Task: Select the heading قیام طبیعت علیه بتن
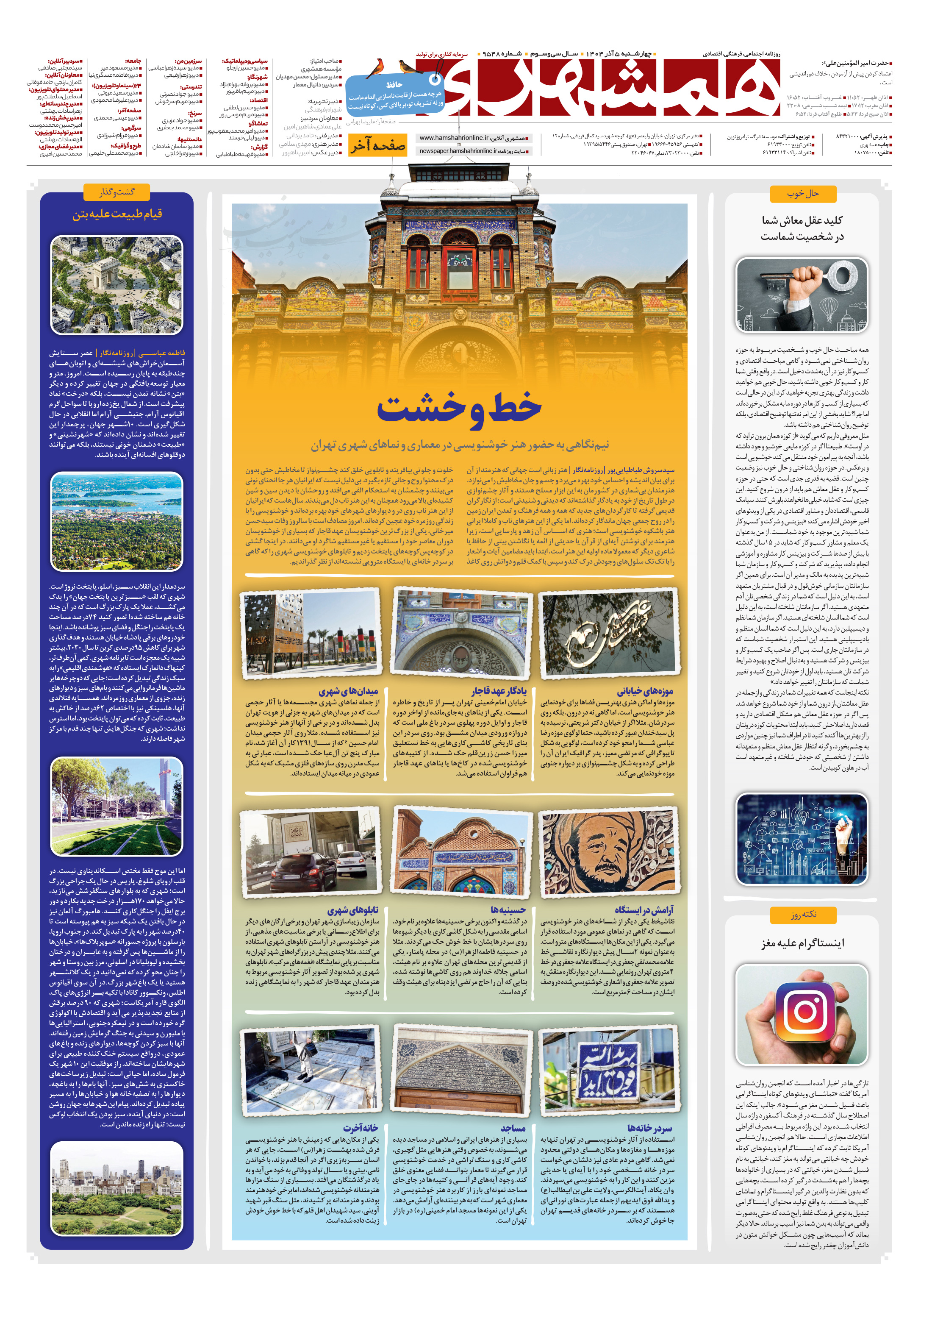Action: (117, 214)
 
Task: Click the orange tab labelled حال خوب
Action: (803, 194)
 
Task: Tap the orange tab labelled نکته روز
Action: (803, 914)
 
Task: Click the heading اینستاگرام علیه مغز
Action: (803, 943)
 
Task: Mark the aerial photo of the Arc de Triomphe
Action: (116, 286)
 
